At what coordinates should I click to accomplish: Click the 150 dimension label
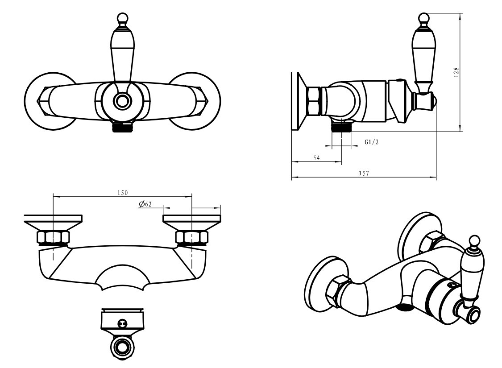[122, 193]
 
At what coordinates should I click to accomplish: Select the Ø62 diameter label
[145, 204]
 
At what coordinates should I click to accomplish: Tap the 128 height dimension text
[456, 72]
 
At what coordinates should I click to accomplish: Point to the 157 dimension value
[364, 173]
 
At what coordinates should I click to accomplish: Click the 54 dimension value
[316, 158]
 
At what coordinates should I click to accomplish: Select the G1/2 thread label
[371, 142]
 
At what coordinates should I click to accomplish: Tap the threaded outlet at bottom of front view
[123, 128]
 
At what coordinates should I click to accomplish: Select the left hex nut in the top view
[53, 237]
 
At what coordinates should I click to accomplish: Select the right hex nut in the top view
[192, 237]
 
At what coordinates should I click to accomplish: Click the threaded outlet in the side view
[342, 128]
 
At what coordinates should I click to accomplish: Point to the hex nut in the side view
[314, 101]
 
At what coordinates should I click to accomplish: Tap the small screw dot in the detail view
[122, 323]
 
